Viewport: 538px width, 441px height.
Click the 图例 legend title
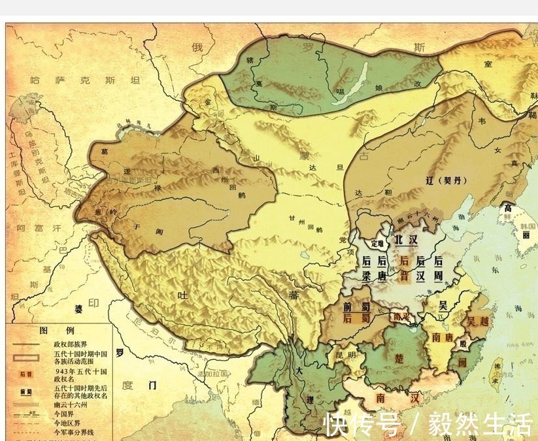click(x=52, y=330)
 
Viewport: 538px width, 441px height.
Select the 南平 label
click(x=400, y=317)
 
